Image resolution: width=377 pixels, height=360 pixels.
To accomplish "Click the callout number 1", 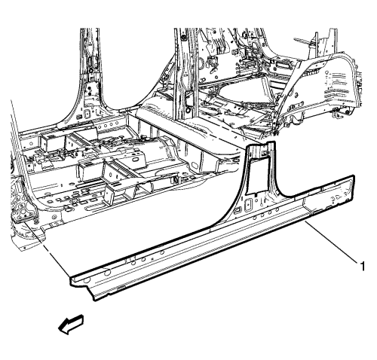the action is tap(362, 266).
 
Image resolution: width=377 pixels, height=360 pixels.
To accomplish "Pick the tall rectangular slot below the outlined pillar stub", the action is tap(248, 205).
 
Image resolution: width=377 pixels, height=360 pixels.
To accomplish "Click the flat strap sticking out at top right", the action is tap(305, 41).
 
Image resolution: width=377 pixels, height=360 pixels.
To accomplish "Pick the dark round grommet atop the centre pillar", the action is tap(182, 38).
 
